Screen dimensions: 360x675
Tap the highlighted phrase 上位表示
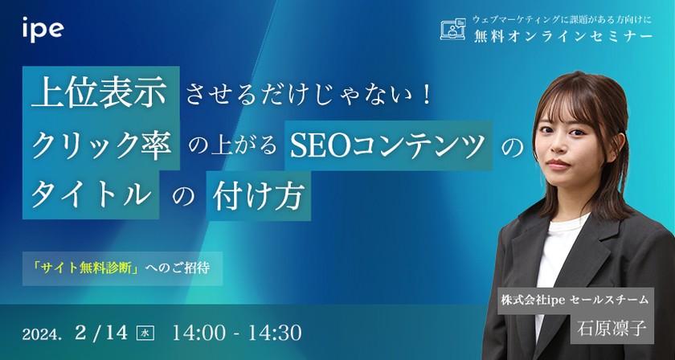(x=100, y=94)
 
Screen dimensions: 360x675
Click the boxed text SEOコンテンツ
(x=387, y=145)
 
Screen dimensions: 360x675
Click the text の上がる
(x=231, y=146)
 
